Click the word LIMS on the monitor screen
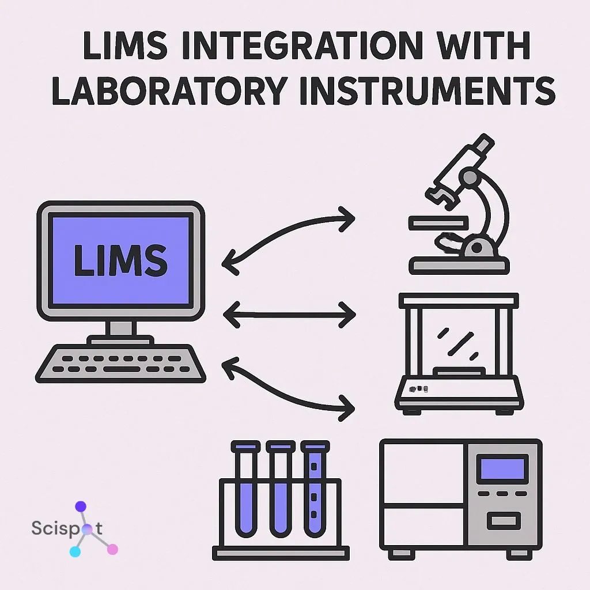point(120,260)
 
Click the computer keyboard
point(121,363)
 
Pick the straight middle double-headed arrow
point(289,315)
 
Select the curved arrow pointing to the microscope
point(288,233)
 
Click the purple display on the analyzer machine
point(502,467)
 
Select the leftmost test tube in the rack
point(245,496)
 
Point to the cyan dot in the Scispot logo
point(75,552)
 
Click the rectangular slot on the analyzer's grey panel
point(502,521)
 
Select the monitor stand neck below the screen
point(120,329)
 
